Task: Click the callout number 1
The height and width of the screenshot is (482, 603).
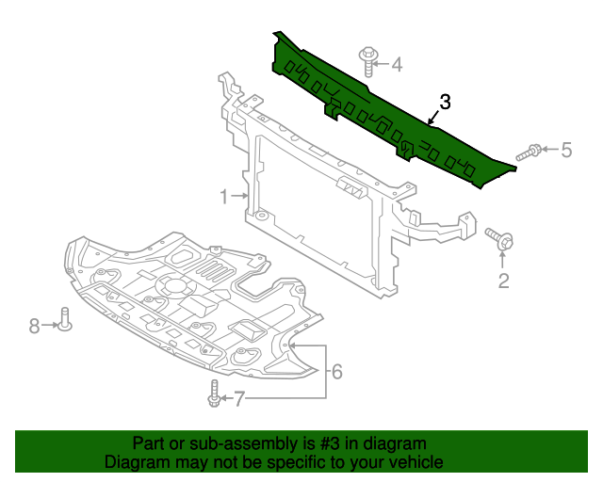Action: coord(224,197)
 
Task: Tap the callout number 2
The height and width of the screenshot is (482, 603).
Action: coord(503,280)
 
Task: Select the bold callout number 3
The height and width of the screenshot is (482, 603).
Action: coord(446,102)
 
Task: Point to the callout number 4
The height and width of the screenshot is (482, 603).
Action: coord(396,65)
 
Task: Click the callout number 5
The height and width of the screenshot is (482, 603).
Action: coord(566,150)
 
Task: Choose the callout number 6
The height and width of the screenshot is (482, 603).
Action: coord(336,372)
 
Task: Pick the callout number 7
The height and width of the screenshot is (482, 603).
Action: coord(239,399)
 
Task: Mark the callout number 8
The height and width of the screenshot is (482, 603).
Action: coord(34,326)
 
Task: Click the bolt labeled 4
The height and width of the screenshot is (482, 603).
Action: coord(366,61)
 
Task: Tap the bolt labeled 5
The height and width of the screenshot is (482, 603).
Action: coord(529,152)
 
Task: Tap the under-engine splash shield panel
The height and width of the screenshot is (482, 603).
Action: coord(188,301)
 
